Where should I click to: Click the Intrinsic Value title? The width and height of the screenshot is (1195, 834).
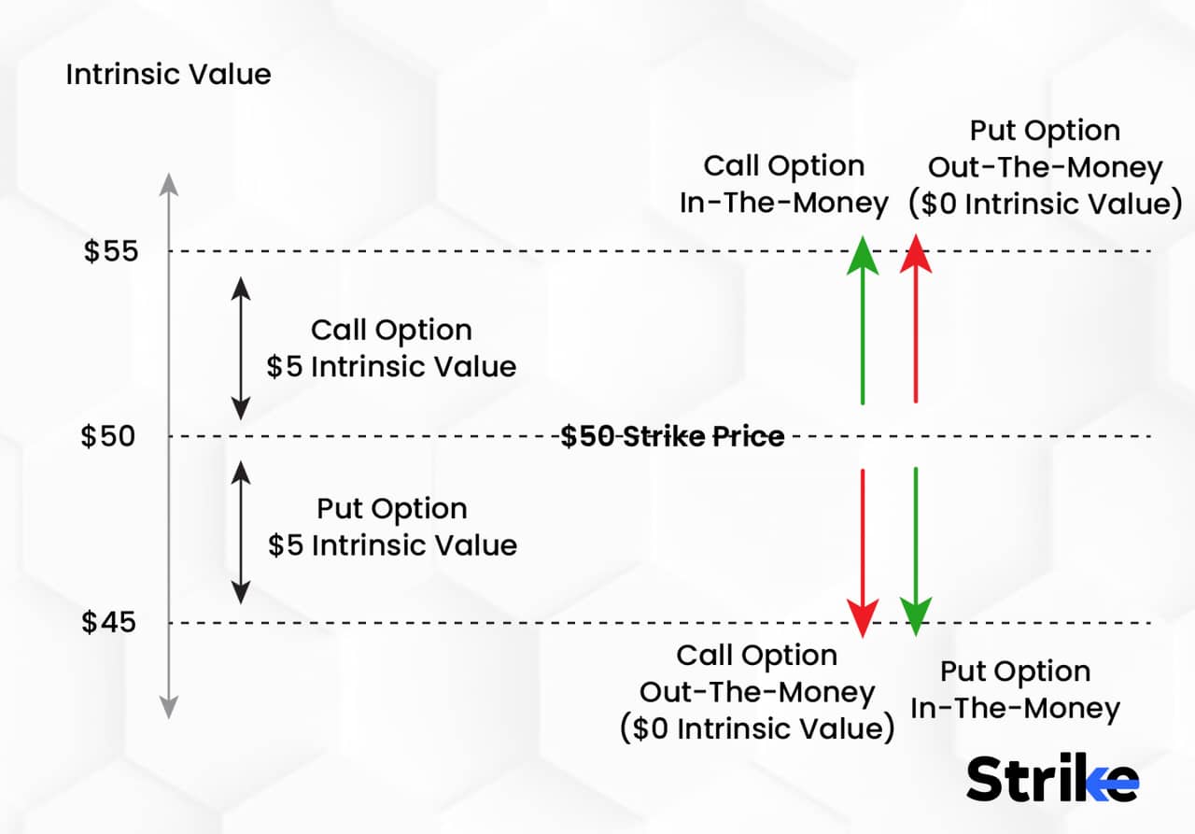[x=168, y=75]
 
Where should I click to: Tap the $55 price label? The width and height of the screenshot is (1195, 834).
[x=111, y=251]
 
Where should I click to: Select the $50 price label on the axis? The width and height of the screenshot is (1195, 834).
[x=109, y=436]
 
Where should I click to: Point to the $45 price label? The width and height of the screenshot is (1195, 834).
[x=109, y=622]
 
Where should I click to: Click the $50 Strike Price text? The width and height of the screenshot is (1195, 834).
[x=672, y=436]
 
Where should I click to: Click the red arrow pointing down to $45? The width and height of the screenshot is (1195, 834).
[x=863, y=551]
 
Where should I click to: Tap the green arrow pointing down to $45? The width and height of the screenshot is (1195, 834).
[x=916, y=551]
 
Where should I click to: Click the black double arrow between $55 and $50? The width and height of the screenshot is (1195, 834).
[x=241, y=348]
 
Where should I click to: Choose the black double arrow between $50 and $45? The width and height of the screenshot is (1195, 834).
[x=241, y=531]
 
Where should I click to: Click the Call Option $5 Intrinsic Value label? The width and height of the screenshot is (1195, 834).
[x=391, y=348]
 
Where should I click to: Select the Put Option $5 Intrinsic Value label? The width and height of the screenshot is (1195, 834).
[x=392, y=527]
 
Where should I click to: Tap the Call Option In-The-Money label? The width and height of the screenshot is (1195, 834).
[x=784, y=184]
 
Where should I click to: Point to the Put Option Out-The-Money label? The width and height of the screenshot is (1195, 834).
[x=1045, y=167]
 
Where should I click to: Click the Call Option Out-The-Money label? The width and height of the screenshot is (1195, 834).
[x=757, y=692]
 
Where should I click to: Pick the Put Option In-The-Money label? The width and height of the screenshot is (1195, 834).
[x=1015, y=689]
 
